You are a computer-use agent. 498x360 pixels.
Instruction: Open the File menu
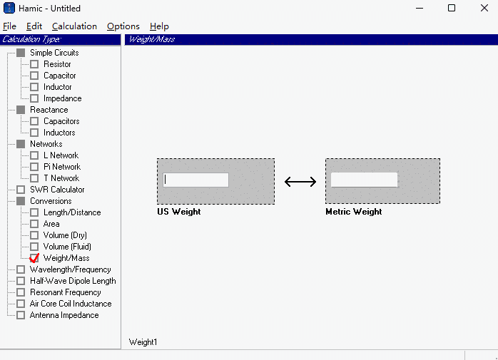pyautogui.click(x=9, y=26)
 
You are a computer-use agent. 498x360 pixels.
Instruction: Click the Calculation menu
pyautogui.click(x=74, y=26)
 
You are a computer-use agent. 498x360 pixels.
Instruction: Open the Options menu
pyautogui.click(x=123, y=26)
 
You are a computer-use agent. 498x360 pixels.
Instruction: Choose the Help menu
pyautogui.click(x=159, y=26)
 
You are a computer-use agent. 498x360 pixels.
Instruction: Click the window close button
pyautogui.click(x=484, y=8)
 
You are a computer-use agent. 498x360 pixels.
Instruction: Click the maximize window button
pyautogui.click(x=452, y=8)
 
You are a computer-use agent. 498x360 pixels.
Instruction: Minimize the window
pyautogui.click(x=420, y=9)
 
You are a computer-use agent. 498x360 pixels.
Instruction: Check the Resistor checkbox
pyautogui.click(x=34, y=64)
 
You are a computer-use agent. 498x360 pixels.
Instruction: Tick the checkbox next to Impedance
pyautogui.click(x=34, y=98)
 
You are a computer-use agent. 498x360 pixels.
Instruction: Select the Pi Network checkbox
pyautogui.click(x=34, y=167)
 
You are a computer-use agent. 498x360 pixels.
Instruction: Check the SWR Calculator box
pyautogui.click(x=21, y=190)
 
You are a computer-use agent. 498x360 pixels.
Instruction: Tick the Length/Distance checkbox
pyautogui.click(x=34, y=212)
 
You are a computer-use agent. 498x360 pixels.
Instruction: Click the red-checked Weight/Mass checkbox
pyautogui.click(x=34, y=258)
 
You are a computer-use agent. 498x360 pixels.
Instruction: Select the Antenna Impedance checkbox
pyautogui.click(x=21, y=315)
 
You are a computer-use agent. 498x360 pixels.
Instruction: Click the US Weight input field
pyautogui.click(x=195, y=180)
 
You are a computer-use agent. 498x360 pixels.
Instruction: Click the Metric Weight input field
pyautogui.click(x=364, y=180)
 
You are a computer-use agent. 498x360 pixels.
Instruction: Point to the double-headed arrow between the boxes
pyautogui.click(x=300, y=182)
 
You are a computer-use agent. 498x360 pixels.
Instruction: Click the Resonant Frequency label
pyautogui.click(x=66, y=292)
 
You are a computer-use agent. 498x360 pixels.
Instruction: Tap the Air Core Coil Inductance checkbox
pyautogui.click(x=21, y=304)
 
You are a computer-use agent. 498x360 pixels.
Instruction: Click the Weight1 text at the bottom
pyautogui.click(x=143, y=342)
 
